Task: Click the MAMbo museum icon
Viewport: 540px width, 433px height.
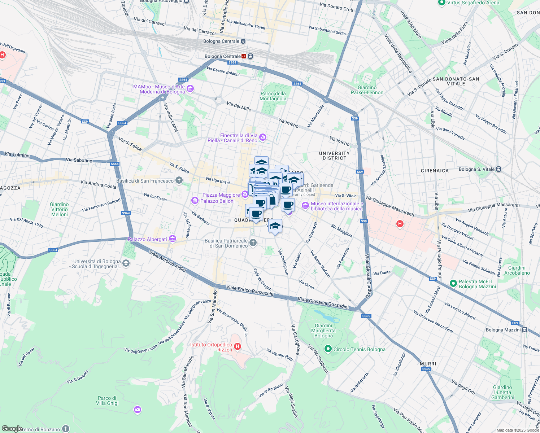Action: point(190,89)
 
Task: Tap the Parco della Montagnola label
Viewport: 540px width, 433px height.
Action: point(273,96)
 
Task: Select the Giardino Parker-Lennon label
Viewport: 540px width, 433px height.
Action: point(367,90)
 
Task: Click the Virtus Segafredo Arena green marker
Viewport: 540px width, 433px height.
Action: point(441,3)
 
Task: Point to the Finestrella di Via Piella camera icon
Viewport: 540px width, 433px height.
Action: point(263,137)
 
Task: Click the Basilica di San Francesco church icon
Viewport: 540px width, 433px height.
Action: point(179,180)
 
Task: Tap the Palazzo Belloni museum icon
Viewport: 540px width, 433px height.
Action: point(195,200)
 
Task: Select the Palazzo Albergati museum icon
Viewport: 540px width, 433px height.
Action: point(172,239)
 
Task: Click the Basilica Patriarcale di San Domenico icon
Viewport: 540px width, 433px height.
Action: point(253,242)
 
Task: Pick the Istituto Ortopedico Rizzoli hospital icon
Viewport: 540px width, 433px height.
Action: point(237,347)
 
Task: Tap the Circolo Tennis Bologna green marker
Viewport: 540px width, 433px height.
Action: point(328,349)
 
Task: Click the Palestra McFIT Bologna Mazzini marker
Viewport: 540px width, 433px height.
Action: point(453,284)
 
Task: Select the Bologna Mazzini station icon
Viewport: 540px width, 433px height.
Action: point(525,330)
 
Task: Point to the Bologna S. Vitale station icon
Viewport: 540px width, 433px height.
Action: point(498,169)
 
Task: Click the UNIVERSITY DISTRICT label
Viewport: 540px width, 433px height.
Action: point(334,156)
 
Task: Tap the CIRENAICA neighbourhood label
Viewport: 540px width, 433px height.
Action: point(435,171)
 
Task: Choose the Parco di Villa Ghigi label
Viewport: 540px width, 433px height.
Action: point(107,401)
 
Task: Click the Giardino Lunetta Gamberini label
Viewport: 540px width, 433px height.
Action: point(502,392)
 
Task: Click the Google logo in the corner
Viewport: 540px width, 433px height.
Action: point(12,429)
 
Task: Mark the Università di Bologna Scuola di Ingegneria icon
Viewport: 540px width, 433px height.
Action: point(126,263)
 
